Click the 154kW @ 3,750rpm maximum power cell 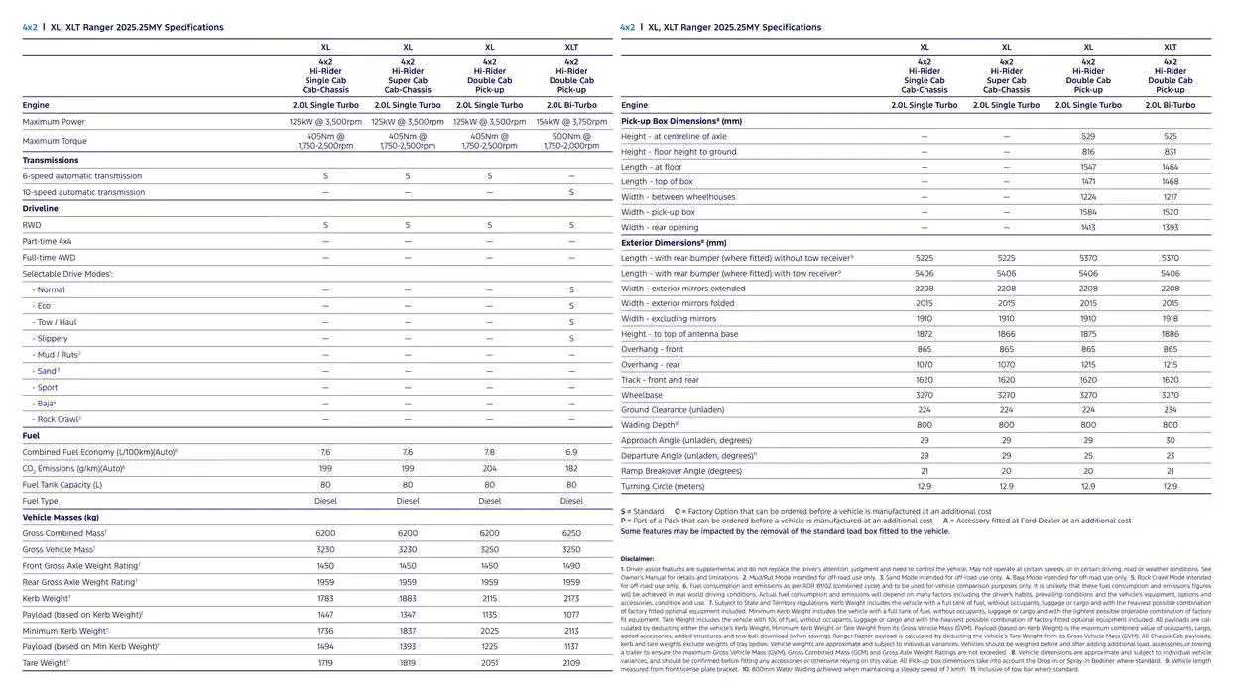pos(571,122)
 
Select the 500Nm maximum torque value pos(571,141)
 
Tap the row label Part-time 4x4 pos(48,241)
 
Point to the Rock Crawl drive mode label pos(58,419)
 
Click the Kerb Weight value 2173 pos(571,598)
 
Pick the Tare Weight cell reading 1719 pos(325,663)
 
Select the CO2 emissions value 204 pos(489,468)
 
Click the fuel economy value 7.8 pos(489,452)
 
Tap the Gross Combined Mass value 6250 pos(571,533)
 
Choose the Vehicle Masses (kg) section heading pos(61,517)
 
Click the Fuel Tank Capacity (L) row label pos(62,485)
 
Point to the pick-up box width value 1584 pos(1088,212)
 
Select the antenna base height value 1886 pos(1171,334)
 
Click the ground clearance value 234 pos(1171,409)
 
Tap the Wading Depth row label pos(650,425)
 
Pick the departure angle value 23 pos(1171,455)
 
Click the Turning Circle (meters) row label pos(663,486)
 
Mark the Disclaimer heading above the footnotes pos(637,559)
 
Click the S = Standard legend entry pos(643,511)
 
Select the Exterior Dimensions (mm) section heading pos(674,242)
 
